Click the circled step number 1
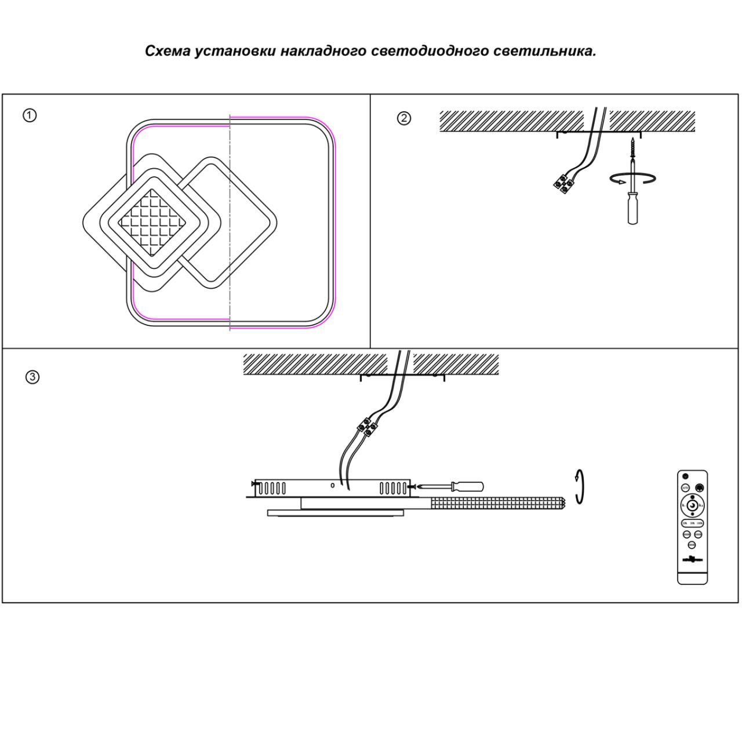30,115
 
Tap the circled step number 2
404,118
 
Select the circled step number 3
32,377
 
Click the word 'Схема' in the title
167,51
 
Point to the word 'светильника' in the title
544,51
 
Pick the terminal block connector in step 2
562,183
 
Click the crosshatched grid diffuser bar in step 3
497,503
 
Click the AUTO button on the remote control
685,488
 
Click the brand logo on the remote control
692,559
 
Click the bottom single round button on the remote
692,545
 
